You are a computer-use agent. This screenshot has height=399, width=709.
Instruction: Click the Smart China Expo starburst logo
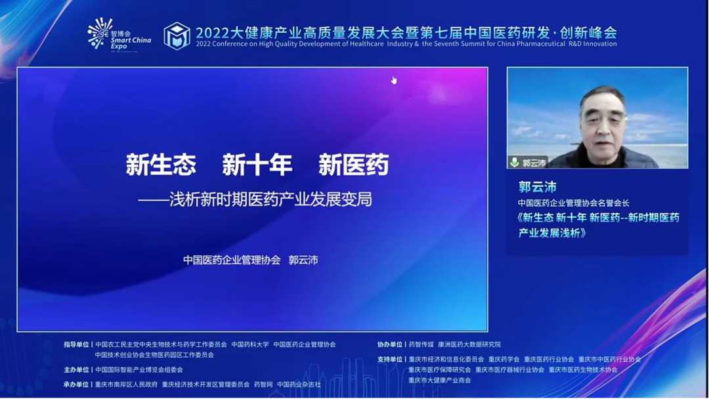[100, 33]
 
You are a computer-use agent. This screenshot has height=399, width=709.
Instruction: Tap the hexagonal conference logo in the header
[177, 35]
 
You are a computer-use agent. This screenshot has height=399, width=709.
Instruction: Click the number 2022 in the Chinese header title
[212, 33]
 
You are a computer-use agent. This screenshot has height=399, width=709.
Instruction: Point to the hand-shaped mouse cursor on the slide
[394, 80]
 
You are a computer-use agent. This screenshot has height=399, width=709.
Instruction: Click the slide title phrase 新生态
[161, 165]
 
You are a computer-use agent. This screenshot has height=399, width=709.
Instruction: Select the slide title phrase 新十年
[257, 165]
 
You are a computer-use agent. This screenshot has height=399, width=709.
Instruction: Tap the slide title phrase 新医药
[354, 165]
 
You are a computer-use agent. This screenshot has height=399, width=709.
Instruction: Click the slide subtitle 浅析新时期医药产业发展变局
[271, 199]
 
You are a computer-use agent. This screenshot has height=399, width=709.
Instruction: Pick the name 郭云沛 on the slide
[303, 260]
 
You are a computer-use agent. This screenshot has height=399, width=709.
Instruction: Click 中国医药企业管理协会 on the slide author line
[232, 260]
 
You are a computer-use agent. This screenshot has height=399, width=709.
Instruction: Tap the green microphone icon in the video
[514, 162]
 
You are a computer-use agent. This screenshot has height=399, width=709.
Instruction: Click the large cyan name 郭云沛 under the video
[538, 186]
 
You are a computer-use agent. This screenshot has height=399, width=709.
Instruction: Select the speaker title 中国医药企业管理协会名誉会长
[574, 203]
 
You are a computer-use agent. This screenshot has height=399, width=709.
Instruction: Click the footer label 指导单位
[76, 345]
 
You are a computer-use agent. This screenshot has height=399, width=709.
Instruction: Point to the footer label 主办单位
[76, 369]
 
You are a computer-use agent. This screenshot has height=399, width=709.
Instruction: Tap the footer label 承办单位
[76, 385]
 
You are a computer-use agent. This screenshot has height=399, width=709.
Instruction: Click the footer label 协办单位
[390, 345]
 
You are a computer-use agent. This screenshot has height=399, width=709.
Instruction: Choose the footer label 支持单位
[390, 359]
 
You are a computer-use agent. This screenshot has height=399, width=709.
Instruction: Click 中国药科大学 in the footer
[250, 345]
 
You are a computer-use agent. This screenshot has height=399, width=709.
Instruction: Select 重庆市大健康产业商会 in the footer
[439, 381]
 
